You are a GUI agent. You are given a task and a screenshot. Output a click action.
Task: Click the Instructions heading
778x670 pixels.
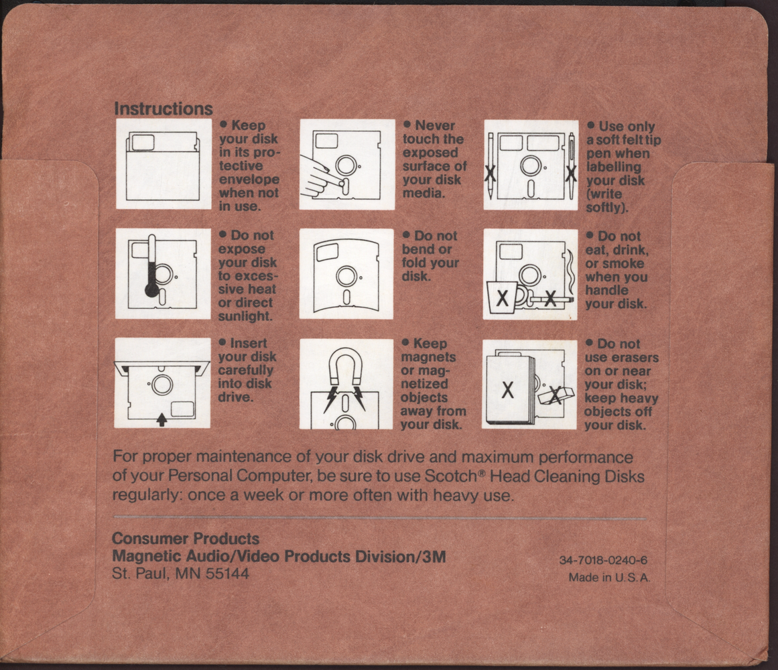tap(164, 109)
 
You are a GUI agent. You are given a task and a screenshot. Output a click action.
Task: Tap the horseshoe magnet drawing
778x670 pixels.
tap(346, 366)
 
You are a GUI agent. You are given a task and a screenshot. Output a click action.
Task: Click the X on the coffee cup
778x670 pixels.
tap(503, 299)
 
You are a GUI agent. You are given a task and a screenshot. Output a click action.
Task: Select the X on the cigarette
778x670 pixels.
tap(550, 299)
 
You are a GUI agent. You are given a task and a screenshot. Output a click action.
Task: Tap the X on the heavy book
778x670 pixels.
tap(507, 391)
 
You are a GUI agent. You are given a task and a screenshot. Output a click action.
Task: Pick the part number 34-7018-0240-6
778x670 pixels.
tap(603, 560)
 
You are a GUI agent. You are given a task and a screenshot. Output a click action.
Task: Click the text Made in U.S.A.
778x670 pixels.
tap(609, 578)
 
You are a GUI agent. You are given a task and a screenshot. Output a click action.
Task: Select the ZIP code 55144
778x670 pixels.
tap(227, 574)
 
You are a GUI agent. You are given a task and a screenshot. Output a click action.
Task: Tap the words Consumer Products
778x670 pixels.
tap(186, 539)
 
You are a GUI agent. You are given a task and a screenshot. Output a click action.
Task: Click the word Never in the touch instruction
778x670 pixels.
tap(435, 125)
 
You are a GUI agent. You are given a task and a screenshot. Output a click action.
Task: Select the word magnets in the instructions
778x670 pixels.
tap(428, 357)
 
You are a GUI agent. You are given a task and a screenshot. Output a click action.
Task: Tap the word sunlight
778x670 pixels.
tap(245, 316)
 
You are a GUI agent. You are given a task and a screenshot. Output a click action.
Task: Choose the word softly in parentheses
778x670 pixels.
tap(606, 207)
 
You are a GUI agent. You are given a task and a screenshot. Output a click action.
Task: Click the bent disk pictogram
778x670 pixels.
tap(346, 274)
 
